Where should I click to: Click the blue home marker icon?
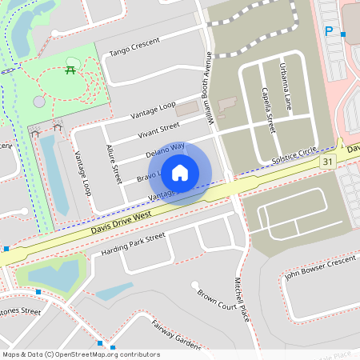180,172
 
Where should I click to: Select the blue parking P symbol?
329,31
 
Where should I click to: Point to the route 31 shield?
328,162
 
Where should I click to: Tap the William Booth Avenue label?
209,88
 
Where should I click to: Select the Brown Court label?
217,299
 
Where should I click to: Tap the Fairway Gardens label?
176,334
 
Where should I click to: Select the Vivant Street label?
158,130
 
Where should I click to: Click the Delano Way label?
165,150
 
